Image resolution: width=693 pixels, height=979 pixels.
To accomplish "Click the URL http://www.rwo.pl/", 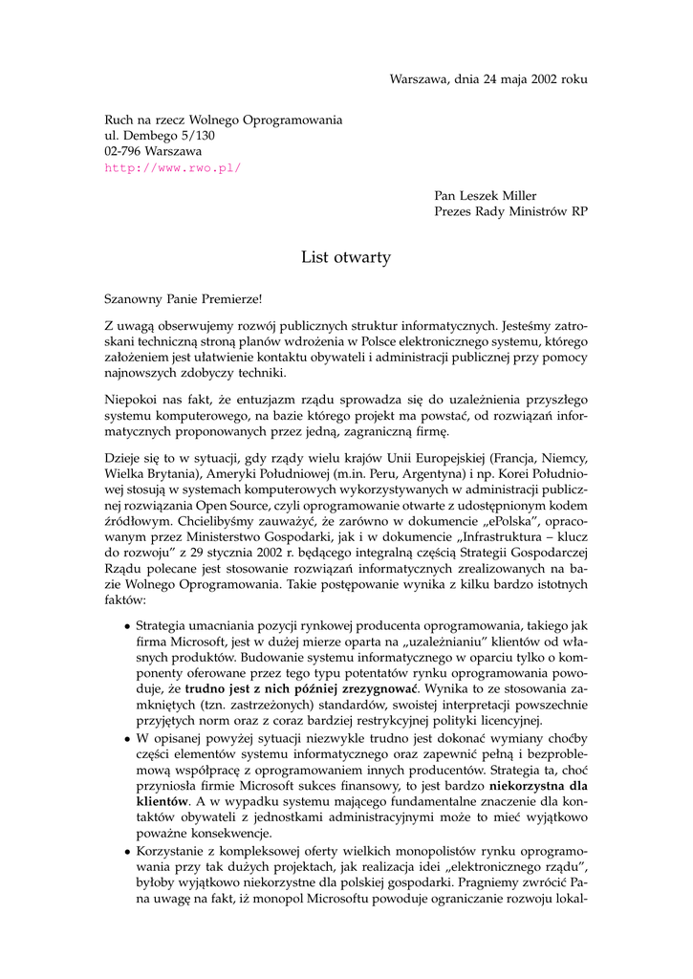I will coord(173,167).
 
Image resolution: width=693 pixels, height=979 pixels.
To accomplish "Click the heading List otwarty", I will coord(346,257).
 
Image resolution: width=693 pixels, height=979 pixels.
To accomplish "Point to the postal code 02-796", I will coord(123,151).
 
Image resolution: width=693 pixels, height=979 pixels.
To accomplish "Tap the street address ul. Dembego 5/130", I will coord(160,136).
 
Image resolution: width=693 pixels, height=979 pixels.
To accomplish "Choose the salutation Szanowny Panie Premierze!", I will coord(182,299).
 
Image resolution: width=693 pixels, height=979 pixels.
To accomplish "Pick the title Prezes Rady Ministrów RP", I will coord(511,212).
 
